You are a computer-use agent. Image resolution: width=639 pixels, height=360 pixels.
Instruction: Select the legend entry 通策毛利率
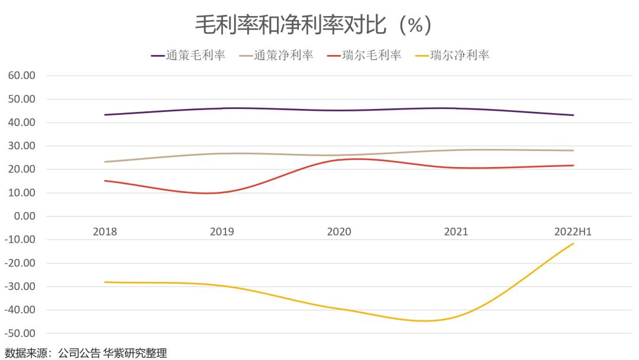point(188,56)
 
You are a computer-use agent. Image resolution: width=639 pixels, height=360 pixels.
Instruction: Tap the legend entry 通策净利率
point(276,56)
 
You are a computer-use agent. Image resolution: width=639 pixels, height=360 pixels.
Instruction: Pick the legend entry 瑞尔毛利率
point(364,56)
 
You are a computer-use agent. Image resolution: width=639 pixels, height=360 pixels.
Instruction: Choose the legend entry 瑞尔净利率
point(452,56)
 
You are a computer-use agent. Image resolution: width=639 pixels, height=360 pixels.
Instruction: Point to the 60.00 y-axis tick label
point(22,76)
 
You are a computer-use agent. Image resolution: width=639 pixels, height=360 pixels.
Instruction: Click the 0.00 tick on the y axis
point(24,216)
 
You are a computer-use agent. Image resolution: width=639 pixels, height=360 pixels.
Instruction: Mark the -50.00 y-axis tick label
point(20,333)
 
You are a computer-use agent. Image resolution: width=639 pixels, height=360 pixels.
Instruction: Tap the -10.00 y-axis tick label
point(20,240)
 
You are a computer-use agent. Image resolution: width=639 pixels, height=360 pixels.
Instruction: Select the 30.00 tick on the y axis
point(22,146)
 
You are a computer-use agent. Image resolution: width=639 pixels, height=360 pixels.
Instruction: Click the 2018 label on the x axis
point(105,232)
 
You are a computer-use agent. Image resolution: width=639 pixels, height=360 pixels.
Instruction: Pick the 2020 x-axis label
point(339,232)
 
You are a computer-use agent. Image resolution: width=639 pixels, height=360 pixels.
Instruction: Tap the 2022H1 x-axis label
point(573,232)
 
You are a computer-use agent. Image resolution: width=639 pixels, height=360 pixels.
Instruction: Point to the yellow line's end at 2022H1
point(573,243)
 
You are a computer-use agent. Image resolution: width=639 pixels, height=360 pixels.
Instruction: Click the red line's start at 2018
point(105,181)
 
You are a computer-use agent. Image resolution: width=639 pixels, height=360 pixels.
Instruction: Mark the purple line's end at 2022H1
point(573,115)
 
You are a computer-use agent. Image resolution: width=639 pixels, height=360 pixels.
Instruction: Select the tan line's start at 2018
point(105,162)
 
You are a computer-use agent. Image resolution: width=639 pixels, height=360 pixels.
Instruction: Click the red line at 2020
point(339,160)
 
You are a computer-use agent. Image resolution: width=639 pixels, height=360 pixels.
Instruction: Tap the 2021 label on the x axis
point(456,232)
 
